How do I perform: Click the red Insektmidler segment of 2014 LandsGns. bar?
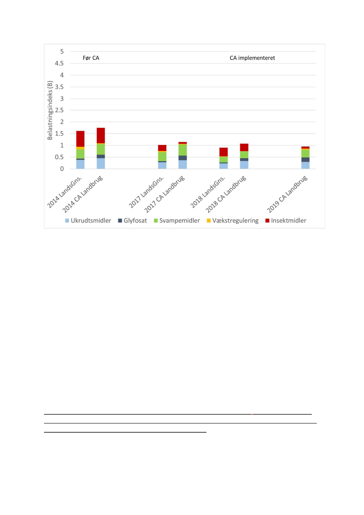tap(80, 138)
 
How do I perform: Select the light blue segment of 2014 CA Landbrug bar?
tap(101, 163)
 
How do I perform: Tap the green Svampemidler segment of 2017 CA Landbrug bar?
tap(183, 150)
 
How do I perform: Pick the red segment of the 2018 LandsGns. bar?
tap(224, 152)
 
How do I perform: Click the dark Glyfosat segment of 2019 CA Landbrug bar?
tap(305, 159)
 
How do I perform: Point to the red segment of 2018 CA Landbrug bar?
tap(244, 147)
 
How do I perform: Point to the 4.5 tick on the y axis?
tap(59, 63)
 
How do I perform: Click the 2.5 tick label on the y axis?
tap(59, 110)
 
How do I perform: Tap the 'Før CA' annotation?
tap(91, 58)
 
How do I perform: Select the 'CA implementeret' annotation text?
tap(252, 58)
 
